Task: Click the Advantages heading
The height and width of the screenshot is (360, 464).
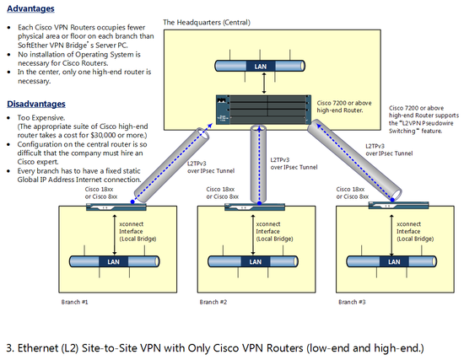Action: (x=30, y=8)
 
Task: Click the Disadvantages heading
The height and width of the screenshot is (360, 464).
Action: (x=36, y=104)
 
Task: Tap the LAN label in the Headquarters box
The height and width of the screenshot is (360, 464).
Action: (x=261, y=67)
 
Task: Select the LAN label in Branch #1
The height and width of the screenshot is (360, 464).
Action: (x=113, y=262)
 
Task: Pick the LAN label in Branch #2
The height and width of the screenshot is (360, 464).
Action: (x=255, y=262)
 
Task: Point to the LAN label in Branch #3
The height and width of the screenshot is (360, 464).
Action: (x=394, y=262)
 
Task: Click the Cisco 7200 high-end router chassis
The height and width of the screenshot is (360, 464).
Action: (x=263, y=110)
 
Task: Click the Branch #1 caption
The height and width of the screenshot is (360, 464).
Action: (x=74, y=302)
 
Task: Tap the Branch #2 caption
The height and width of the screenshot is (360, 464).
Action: (x=213, y=302)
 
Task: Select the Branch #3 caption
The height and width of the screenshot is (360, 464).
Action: (x=352, y=302)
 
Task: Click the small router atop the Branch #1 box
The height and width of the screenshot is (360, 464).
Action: (x=116, y=207)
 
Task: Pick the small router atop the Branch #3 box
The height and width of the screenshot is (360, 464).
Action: (x=398, y=205)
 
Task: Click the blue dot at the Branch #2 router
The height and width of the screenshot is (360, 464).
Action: (x=259, y=203)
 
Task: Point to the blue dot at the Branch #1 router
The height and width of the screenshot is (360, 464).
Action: (x=132, y=201)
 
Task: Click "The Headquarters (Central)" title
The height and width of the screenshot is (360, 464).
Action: (x=207, y=23)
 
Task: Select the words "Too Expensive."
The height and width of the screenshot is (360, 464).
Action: (x=41, y=118)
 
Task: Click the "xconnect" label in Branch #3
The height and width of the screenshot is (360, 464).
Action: (x=408, y=224)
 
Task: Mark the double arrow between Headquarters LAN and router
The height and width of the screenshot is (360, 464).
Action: (x=264, y=83)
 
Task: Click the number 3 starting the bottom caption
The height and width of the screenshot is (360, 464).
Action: (x=9, y=348)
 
